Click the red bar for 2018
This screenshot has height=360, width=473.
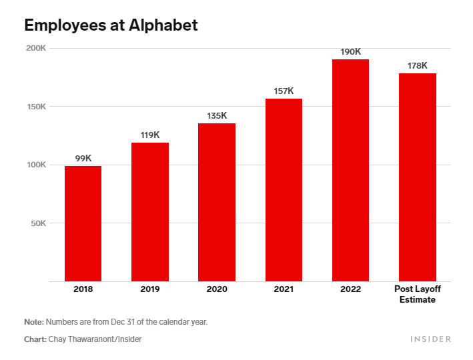coord(83,223)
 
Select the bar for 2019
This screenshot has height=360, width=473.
coord(150,212)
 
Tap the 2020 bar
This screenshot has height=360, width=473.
coord(217,202)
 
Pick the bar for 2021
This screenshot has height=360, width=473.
coord(284,190)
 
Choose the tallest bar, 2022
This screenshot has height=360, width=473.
coord(350,170)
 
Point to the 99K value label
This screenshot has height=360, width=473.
coord(83,158)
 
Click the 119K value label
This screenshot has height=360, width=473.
coord(150,135)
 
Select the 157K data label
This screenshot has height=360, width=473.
coord(284,91)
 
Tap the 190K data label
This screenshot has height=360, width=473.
coord(350,51)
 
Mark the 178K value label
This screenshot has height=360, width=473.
coord(417,65)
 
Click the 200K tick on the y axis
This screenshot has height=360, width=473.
coord(35,48)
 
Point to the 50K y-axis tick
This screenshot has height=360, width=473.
coord(37,223)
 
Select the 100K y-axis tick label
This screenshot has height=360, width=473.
coord(35,165)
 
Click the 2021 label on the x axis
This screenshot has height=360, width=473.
coord(284,289)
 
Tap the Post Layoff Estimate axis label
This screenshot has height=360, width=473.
coord(417,294)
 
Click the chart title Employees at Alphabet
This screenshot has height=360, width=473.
coord(111,25)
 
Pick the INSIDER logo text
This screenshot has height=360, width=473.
coord(430,339)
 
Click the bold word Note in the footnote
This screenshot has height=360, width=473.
coord(33,321)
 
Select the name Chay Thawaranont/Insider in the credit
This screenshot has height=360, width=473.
coord(94,339)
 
